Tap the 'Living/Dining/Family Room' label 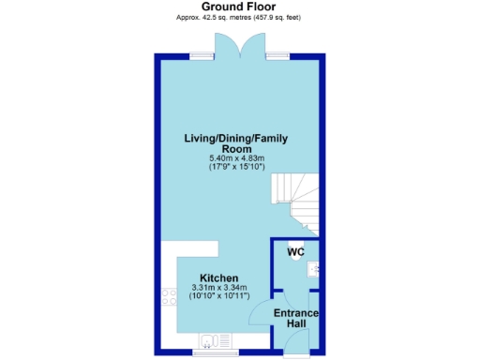click(x=235, y=143)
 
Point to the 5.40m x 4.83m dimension click(x=235, y=158)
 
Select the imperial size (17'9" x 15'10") click(x=235, y=167)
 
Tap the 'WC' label click(x=295, y=252)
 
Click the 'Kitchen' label click(x=218, y=278)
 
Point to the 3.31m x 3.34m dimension click(x=218, y=288)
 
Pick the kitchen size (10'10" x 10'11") click(x=218, y=296)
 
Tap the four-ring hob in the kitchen click(x=170, y=297)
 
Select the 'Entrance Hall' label click(x=296, y=318)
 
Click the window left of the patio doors click(x=200, y=55)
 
